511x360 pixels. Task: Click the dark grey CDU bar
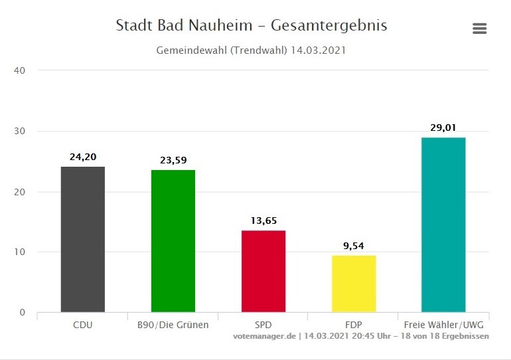coord(83,239)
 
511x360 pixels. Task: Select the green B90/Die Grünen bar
coord(173,241)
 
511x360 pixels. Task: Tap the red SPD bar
coord(263,271)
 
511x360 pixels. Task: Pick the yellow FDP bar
coord(354,284)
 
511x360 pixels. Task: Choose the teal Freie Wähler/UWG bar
coord(443,225)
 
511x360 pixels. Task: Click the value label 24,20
coord(83,157)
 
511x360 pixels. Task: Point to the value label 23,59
coord(173,160)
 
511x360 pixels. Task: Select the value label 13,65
coord(263,221)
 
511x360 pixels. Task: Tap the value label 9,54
coord(354,246)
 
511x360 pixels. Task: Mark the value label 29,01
coord(443,128)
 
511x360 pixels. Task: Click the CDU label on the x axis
coord(83,325)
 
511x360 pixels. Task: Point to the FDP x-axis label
coord(354,325)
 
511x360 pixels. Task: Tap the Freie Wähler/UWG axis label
coord(443,325)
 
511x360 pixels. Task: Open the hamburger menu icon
coord(479,29)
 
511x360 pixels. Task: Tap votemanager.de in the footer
coord(263,336)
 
